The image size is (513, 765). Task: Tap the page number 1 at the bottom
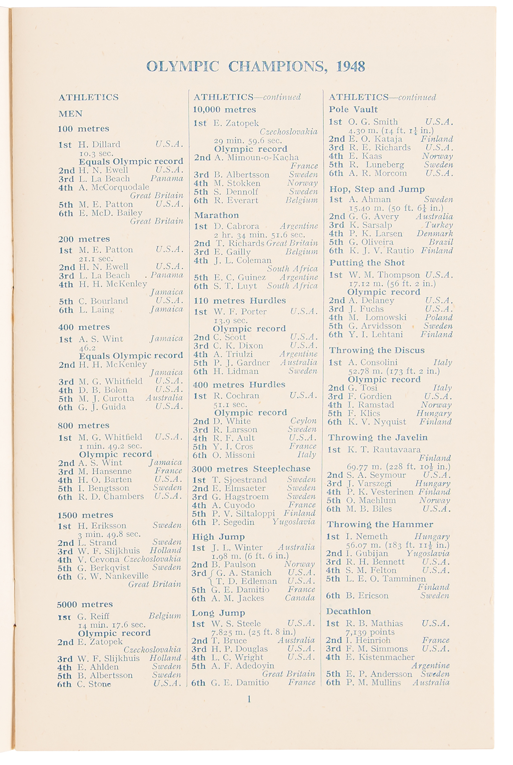pos(249,699)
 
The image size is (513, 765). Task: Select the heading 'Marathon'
pos(217,215)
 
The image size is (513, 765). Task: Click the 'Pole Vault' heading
pos(353,109)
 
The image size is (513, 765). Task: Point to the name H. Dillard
pos(99,144)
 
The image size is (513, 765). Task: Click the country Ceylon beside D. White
pos(303,421)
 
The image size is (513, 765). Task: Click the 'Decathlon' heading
pos(349,611)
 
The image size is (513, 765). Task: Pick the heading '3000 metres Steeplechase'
pos(251,469)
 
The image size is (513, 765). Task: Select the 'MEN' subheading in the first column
pos(70,114)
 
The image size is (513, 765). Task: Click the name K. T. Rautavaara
pos(384,449)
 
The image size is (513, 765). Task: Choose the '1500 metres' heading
pos(85,515)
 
